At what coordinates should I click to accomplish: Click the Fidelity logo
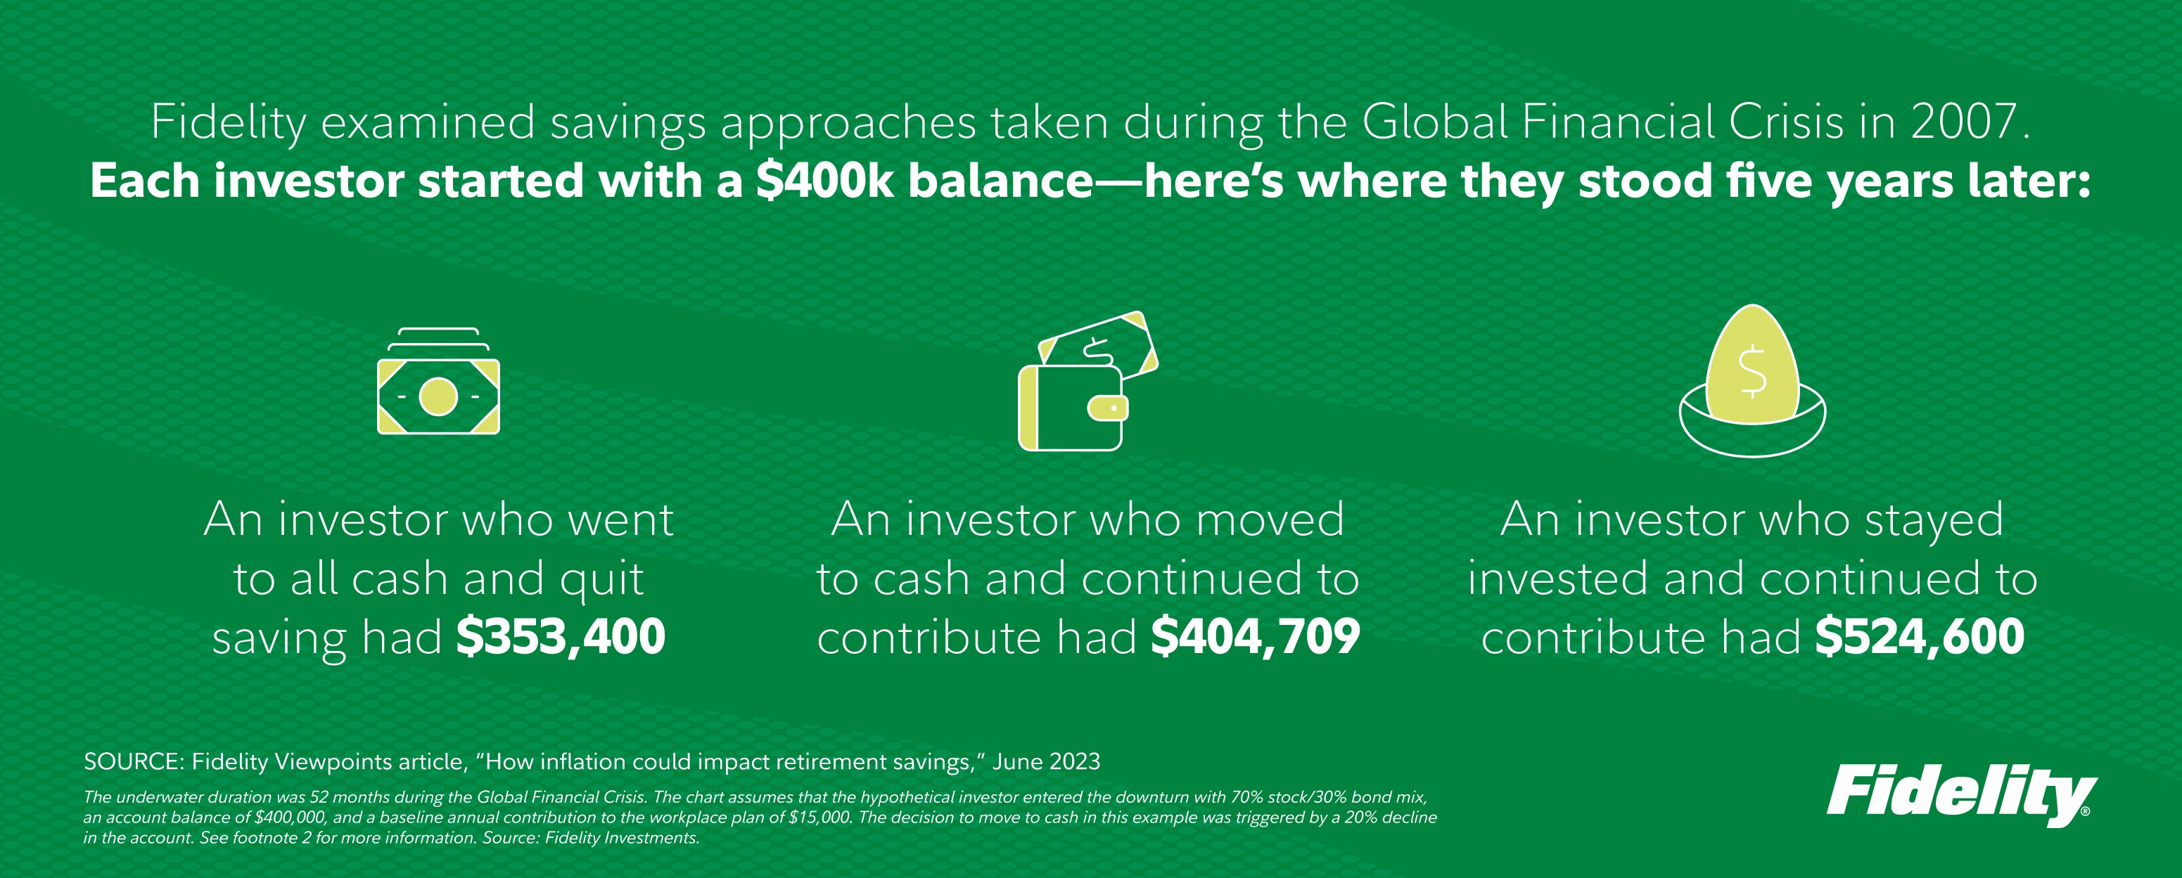click(x=1960, y=796)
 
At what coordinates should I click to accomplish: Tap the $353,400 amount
click(x=561, y=637)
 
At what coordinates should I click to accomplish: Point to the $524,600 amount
click(x=1920, y=637)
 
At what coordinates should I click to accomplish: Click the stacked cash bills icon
click(x=438, y=381)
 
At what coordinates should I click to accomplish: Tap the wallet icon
click(x=1088, y=381)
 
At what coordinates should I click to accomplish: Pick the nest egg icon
click(x=1752, y=381)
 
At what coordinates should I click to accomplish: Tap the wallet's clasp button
click(x=1108, y=409)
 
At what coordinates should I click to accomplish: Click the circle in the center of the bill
click(x=438, y=397)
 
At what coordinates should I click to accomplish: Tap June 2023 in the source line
click(x=1046, y=762)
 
